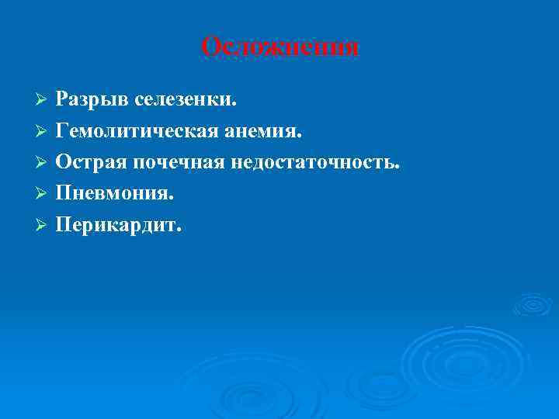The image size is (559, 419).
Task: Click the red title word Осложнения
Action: [280, 48]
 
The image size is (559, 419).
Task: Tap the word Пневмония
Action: [109, 194]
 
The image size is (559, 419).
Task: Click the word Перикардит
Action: [114, 225]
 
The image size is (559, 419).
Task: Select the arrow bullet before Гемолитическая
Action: [43, 133]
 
